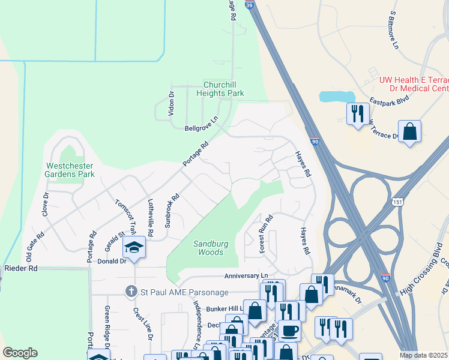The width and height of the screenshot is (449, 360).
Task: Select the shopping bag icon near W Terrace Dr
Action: click(x=409, y=131)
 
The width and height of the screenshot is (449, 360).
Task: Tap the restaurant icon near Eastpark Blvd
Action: click(x=357, y=113)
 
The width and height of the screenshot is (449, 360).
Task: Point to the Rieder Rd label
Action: click(x=21, y=268)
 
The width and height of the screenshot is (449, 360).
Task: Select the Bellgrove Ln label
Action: click(x=201, y=128)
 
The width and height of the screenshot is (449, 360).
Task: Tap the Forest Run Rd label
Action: click(x=265, y=233)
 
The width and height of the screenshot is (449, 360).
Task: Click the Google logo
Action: click(x=20, y=353)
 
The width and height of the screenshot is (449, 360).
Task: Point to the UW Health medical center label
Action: click(x=414, y=84)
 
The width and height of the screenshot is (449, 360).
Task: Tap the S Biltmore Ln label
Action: click(x=394, y=29)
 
